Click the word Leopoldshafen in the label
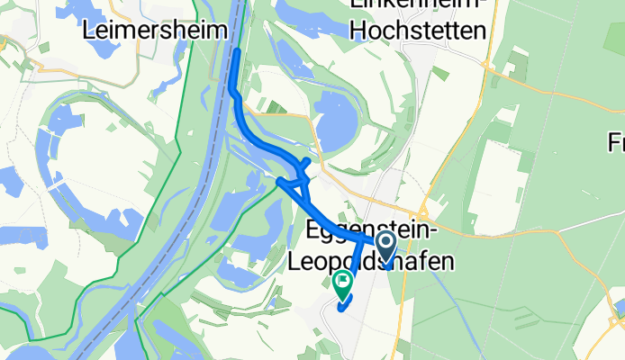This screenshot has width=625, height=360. coord(371,261)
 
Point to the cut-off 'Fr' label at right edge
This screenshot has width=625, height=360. coord(616,142)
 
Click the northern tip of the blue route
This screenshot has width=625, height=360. coord(236,52)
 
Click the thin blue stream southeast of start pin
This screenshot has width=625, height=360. coord(441,270)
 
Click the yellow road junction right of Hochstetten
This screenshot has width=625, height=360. coord(485,66)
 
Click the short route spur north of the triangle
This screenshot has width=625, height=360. coord(307,162)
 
